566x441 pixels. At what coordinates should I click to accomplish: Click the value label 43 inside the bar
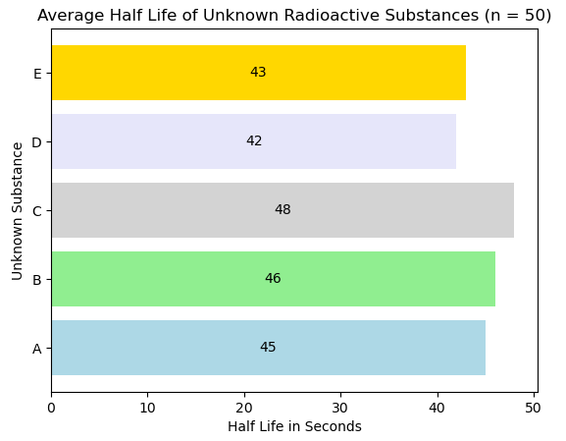258,73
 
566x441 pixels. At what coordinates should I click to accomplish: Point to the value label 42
254,141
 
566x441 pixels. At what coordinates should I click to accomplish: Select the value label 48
283,210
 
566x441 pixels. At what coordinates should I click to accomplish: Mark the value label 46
273,279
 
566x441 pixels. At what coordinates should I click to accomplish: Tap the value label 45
268,348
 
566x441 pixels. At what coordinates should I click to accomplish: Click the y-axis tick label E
36,74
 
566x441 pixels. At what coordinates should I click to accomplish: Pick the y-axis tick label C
36,211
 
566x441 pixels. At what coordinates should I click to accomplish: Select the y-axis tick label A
36,349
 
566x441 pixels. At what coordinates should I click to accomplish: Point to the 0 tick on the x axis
51,407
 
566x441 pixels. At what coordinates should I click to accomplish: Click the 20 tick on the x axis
244,407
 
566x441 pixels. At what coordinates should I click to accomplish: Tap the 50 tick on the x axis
534,407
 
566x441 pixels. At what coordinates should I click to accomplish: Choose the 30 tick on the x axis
340,407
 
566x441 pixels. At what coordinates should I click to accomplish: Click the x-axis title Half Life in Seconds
294,426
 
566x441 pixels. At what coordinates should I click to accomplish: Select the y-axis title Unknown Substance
18,210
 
